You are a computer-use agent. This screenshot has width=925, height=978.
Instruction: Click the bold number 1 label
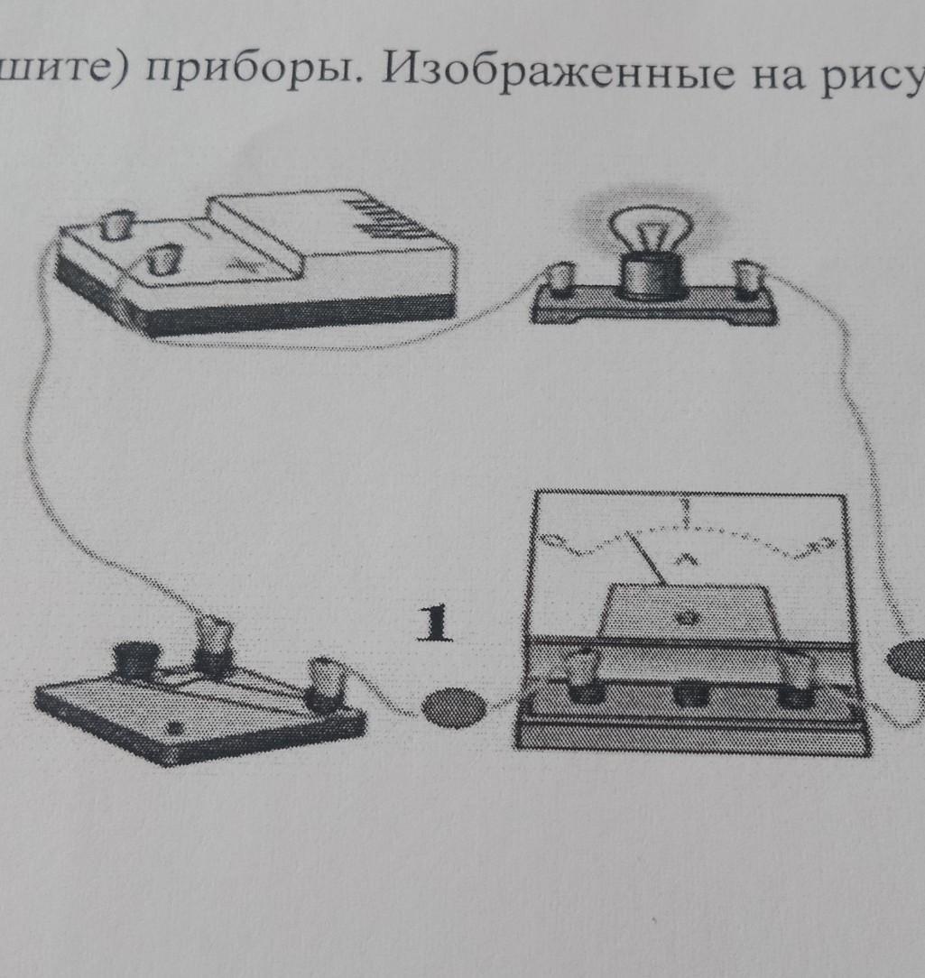[436, 625]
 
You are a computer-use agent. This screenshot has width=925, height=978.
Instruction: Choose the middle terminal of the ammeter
[691, 693]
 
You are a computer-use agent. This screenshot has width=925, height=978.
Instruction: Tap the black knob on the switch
[138, 663]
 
